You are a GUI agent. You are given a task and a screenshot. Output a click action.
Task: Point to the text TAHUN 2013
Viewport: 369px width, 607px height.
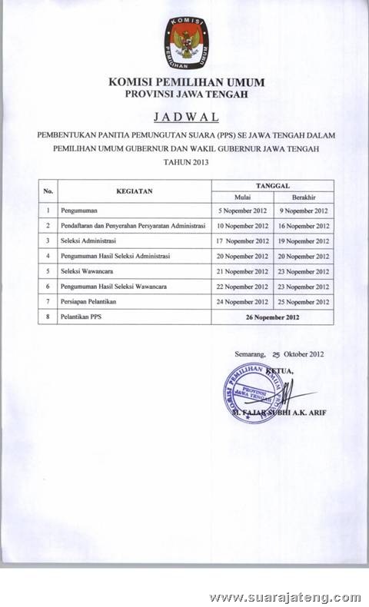(184, 162)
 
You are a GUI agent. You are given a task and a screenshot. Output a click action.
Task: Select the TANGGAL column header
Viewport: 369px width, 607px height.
(272, 185)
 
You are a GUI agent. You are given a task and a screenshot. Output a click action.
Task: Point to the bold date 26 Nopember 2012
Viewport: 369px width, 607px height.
(272, 317)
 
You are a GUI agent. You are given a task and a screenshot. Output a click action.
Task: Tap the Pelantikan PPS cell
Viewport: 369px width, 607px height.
(81, 317)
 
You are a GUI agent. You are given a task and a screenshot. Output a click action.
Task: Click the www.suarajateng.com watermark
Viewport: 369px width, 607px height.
(284, 597)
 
